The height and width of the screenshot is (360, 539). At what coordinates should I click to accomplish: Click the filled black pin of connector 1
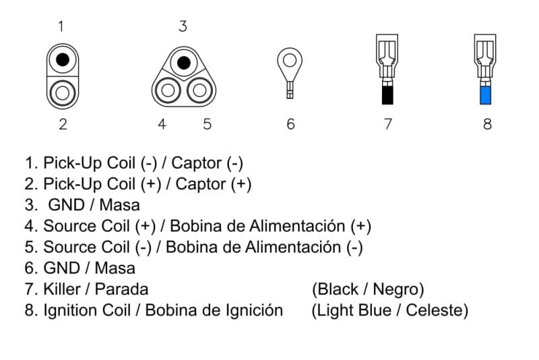[63, 59]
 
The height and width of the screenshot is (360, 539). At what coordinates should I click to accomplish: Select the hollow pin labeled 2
[63, 93]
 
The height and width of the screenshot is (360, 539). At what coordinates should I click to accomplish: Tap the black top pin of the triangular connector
[183, 63]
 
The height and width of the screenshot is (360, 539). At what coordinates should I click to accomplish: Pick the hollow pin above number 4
[168, 90]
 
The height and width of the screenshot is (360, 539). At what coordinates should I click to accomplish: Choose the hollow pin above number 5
[199, 90]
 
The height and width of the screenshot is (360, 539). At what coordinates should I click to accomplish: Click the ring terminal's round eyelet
[290, 61]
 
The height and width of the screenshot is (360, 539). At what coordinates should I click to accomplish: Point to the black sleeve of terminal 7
[387, 95]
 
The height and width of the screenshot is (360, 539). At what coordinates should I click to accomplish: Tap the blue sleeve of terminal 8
[485, 95]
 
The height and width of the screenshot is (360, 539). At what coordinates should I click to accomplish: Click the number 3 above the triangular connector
[183, 26]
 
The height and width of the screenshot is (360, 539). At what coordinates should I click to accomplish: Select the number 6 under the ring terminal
[291, 124]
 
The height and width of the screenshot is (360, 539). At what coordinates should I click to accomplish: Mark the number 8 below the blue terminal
[487, 124]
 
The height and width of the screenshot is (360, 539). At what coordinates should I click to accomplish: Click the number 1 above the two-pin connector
[61, 26]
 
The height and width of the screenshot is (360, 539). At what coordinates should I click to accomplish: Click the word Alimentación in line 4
[297, 227]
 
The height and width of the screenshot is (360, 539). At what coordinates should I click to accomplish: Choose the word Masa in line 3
[120, 205]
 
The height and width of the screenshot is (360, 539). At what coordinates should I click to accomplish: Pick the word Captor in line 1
[197, 163]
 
